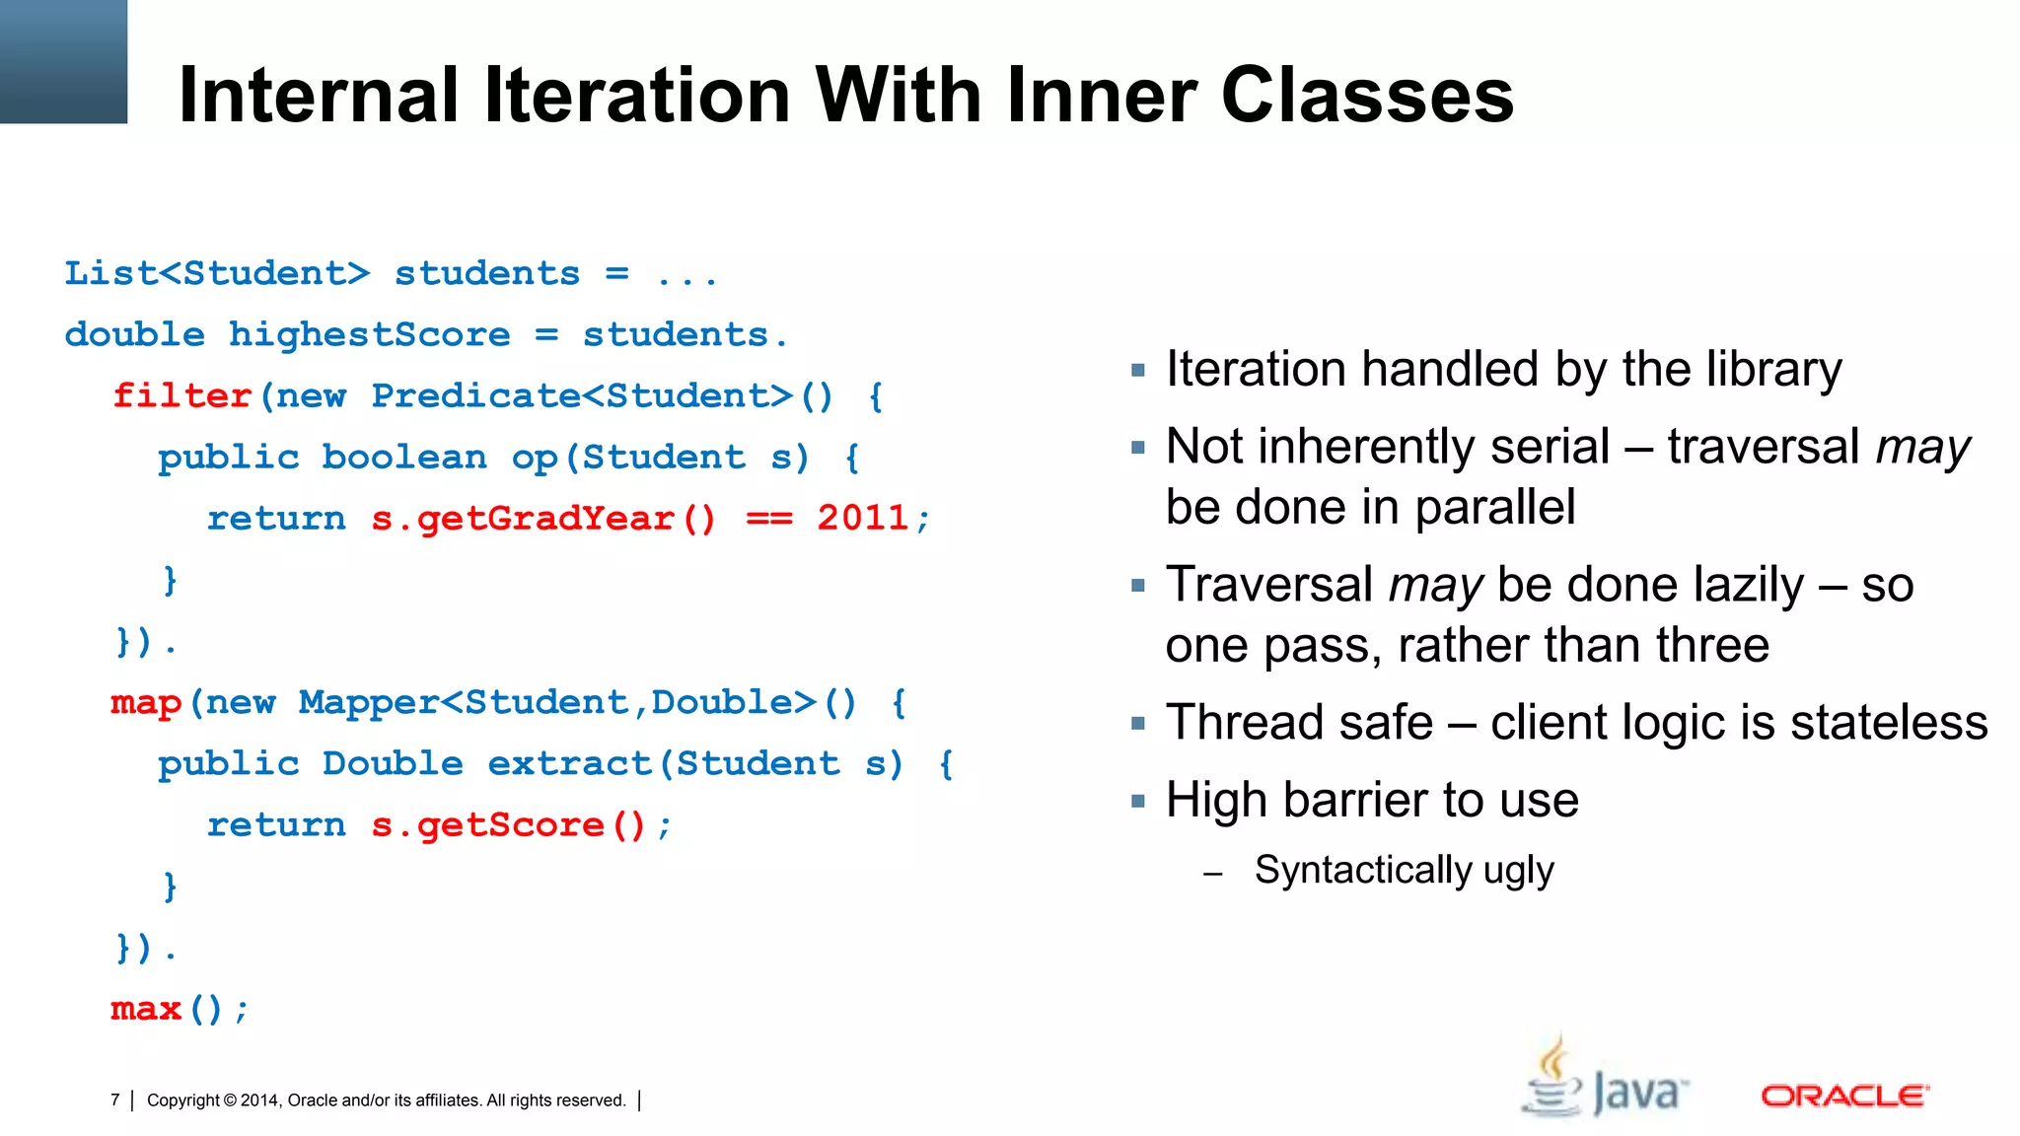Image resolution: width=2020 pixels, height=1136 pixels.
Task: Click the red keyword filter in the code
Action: coord(181,396)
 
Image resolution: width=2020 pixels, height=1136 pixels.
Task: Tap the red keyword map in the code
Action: coord(146,703)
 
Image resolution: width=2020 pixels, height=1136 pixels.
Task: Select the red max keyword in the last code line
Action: coord(146,1009)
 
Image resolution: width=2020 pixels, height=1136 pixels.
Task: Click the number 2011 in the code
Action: coord(862,519)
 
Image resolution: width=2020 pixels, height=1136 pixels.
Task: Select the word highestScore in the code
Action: coord(370,335)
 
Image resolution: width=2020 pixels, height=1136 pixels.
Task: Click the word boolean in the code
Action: coord(404,458)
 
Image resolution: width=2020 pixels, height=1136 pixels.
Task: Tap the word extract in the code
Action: coord(569,764)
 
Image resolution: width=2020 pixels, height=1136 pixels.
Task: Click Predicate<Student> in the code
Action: coord(582,396)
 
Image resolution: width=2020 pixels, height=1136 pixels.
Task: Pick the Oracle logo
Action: coord(1844,1096)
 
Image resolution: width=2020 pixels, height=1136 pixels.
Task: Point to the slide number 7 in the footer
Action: coord(115,1100)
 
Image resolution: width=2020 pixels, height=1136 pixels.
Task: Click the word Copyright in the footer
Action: coord(183,1100)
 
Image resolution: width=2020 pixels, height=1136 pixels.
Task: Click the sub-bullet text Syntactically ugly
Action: coord(1404,871)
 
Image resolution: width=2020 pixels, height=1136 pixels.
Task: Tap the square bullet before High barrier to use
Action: coord(1138,801)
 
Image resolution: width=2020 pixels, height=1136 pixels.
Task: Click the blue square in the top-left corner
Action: coord(63,61)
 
